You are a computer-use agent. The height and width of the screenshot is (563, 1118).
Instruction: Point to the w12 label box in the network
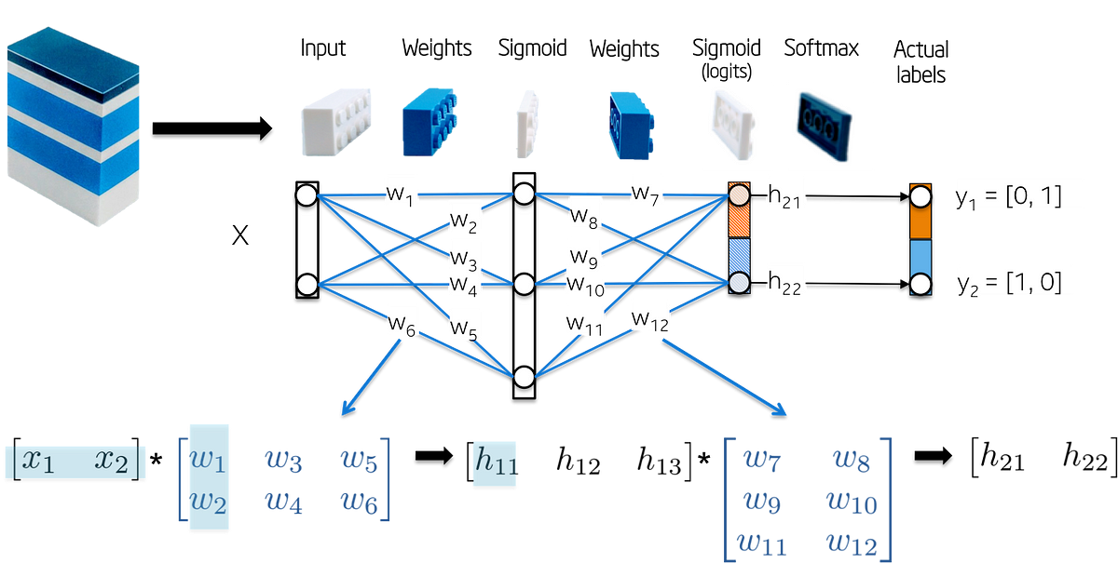click(649, 315)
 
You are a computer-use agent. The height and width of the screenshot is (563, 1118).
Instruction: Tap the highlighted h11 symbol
click(494, 462)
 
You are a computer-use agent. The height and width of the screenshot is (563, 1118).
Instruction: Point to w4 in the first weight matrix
click(283, 503)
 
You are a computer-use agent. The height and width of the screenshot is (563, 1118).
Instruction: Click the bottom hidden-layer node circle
click(524, 376)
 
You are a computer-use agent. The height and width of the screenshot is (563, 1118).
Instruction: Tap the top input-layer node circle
click(306, 195)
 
